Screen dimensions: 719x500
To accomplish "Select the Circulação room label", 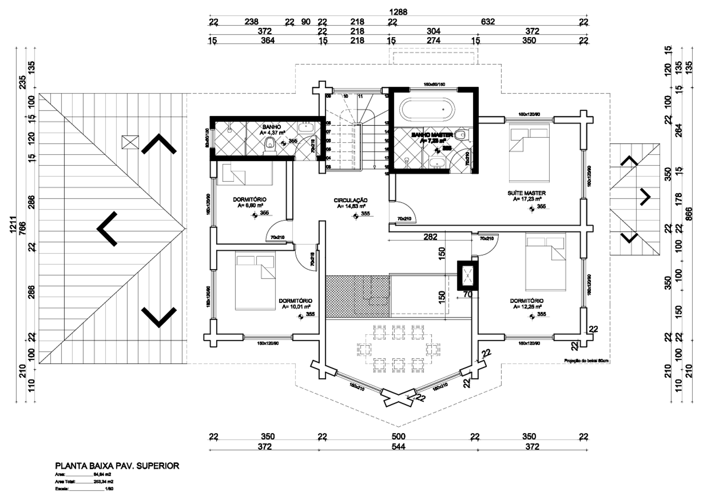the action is (x=351, y=201).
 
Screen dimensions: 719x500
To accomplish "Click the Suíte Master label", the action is (x=527, y=193).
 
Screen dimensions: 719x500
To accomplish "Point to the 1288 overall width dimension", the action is (x=398, y=12).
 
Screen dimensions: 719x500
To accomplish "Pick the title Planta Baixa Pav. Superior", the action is (x=117, y=466).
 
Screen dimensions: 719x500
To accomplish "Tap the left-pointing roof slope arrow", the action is (x=107, y=229).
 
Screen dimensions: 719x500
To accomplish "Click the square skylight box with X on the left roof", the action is (x=130, y=142).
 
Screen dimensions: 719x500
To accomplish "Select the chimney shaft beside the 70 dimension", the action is (x=468, y=275).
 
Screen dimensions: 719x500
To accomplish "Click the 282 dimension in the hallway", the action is (x=430, y=237).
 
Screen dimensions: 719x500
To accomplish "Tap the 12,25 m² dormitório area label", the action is (x=527, y=307).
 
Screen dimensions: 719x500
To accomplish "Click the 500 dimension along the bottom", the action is (x=398, y=436).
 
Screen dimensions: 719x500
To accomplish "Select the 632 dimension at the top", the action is (x=488, y=22).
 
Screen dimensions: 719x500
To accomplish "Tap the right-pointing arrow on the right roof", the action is (x=645, y=197).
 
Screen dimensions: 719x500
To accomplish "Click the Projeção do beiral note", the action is (x=586, y=361).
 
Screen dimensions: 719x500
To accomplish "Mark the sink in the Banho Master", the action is (x=437, y=163).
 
